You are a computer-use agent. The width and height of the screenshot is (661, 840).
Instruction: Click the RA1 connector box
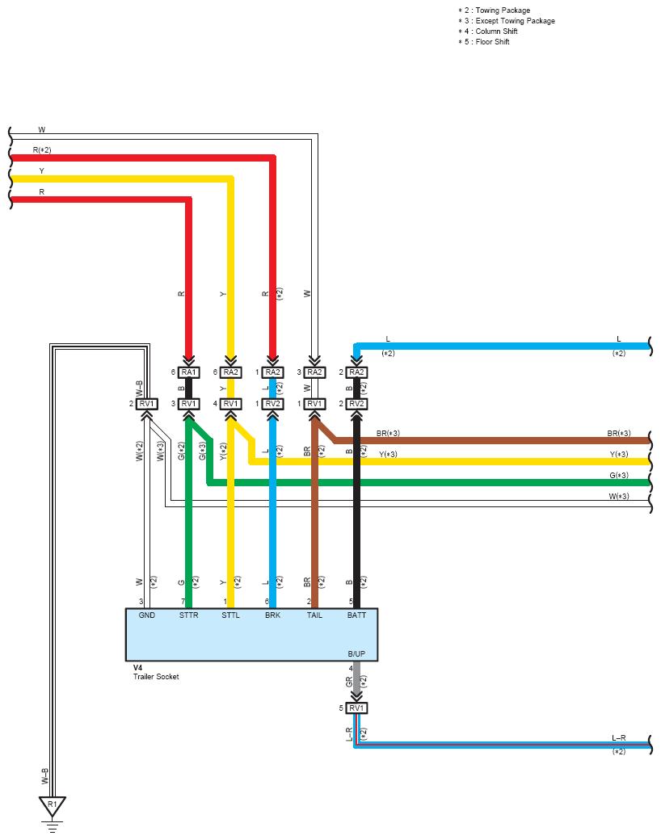189,372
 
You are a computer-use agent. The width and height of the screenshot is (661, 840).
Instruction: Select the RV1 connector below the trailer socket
356,708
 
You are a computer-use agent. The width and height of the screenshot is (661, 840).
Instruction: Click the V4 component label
137,667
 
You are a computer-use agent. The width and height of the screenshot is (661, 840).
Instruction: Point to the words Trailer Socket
156,677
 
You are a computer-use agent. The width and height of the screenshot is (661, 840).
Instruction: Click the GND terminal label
147,615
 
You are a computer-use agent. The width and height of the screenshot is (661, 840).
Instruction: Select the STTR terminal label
189,615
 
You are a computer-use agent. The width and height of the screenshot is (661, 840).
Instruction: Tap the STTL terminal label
230,615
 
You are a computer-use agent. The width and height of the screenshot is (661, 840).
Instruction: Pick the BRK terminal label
272,615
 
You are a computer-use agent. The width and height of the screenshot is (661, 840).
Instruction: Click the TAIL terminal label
314,615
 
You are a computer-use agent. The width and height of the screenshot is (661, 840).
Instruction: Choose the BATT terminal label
356,615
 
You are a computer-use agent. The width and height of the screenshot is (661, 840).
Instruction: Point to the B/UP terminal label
356,653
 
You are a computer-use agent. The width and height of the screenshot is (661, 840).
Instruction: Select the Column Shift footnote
488,31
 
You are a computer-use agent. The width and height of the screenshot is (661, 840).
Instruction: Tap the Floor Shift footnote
483,42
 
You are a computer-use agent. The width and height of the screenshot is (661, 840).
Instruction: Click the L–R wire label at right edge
619,737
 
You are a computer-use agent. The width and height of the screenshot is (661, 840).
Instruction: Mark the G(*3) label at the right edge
619,475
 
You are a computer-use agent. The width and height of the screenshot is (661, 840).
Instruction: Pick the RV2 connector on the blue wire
272,404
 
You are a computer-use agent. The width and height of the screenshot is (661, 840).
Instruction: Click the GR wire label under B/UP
350,682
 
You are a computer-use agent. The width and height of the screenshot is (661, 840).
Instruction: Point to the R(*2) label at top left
42,150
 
